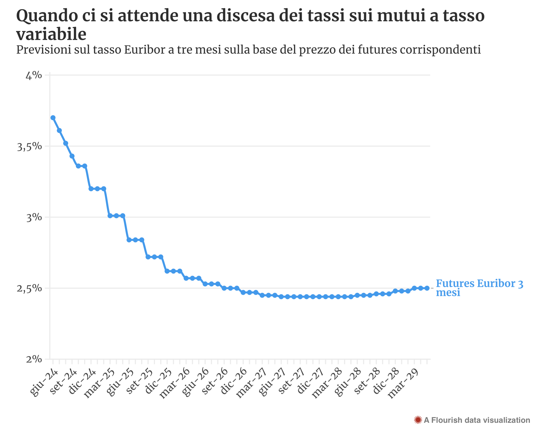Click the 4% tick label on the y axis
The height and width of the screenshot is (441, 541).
[34, 76]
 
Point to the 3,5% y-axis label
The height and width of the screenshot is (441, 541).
[29, 147]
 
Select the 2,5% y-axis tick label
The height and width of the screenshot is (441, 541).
[29, 289]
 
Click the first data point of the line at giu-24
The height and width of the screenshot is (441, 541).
[53, 118]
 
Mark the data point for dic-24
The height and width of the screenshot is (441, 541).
[91, 189]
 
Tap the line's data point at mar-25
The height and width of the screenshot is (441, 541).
[110, 216]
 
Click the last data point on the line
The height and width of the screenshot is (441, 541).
[427, 288]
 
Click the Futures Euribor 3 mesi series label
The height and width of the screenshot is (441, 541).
[479, 288]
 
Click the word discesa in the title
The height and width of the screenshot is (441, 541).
[246, 16]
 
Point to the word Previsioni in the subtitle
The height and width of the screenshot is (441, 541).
[44, 50]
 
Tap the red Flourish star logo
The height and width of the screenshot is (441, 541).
[418, 420]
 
